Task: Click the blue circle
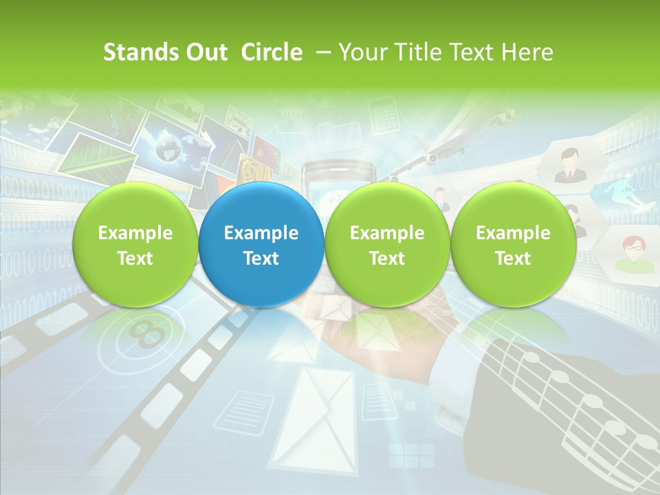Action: point(261,245)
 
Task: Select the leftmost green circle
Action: point(135,245)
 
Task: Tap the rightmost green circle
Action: point(513,245)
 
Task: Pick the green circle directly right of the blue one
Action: point(387,245)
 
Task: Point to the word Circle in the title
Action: point(272,52)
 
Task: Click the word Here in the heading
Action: point(528,52)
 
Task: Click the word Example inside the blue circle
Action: point(261,233)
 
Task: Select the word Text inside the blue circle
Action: point(261,258)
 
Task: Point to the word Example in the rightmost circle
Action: point(513,233)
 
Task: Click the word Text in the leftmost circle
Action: point(135,258)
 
